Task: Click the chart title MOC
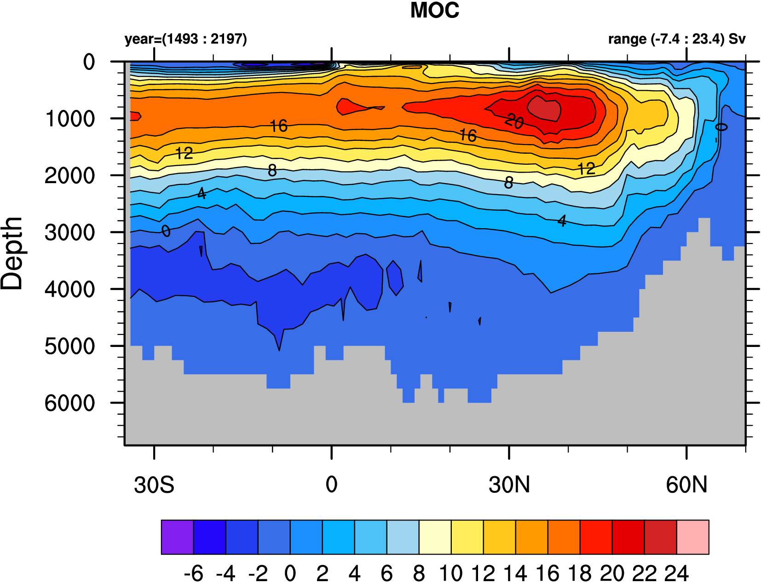tap(434, 11)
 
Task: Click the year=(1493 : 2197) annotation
tap(185, 39)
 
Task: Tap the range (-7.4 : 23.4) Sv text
tap(676, 39)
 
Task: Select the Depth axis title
tap(12, 253)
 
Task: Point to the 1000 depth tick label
tap(70, 119)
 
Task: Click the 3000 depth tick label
tap(70, 232)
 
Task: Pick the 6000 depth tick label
tap(70, 403)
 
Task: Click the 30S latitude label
tap(154, 485)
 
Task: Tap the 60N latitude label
tap(686, 485)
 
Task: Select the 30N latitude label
tap(509, 485)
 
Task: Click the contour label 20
tap(514, 121)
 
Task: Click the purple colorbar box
tap(177, 537)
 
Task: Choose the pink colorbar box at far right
tap(692, 537)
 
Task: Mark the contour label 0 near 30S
tap(166, 231)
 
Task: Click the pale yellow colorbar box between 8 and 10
tap(435, 537)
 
